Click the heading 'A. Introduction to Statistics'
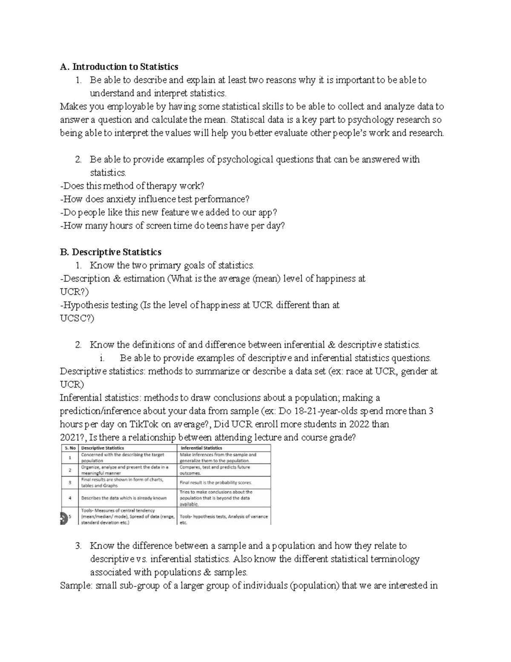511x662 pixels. coord(119,67)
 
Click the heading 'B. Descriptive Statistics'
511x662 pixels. coord(111,252)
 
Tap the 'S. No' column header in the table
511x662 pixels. coord(69,448)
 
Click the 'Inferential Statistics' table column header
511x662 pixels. coord(201,448)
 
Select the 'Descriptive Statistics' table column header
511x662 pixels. coord(103,448)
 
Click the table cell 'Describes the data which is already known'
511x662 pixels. coord(124,497)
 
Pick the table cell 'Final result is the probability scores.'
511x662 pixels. coord(216,483)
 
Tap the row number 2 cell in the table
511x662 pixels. coord(69,470)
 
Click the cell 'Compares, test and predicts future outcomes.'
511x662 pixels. coord(215,470)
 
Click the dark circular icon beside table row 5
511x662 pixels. coord(63,517)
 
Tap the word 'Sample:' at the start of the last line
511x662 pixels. coord(76,586)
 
